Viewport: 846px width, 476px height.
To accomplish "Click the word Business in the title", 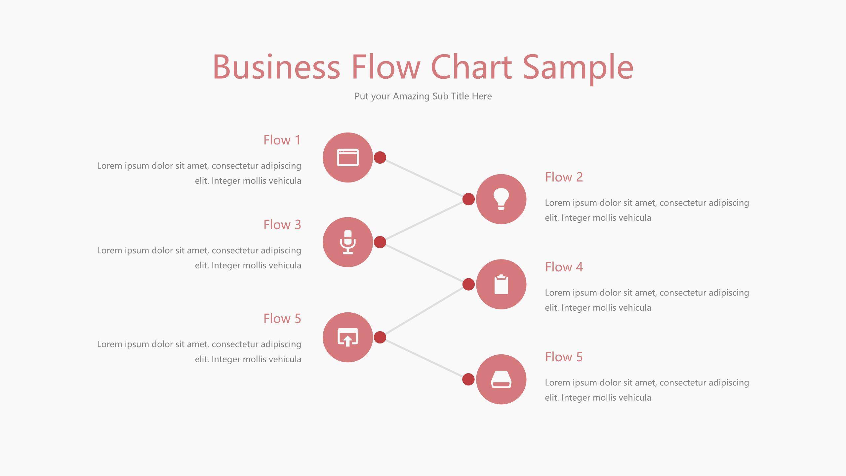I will [276, 67].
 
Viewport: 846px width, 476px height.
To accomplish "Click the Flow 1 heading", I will [282, 140].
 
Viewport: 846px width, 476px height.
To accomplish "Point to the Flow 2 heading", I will [564, 177].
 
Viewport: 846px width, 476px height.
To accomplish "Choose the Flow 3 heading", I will [282, 225].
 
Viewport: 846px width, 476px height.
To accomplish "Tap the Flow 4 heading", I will [564, 267].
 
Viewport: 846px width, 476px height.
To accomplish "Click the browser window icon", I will [348, 157].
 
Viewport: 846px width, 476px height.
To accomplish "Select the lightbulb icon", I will [501, 199].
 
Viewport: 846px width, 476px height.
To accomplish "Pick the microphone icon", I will [348, 242].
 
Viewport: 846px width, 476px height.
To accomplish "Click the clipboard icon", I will [501, 284].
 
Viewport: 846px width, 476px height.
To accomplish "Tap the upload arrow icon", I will [348, 337].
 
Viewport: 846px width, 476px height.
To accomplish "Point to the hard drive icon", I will [501, 379].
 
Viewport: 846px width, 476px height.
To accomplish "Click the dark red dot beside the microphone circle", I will [380, 242].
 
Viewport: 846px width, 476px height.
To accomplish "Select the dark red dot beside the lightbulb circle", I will [468, 199].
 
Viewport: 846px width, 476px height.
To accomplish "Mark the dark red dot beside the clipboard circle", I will [468, 284].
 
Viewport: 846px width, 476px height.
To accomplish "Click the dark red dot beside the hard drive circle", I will [468, 379].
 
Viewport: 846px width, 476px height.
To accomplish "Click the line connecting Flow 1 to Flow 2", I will [424, 178].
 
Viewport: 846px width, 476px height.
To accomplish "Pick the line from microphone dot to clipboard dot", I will [424, 263].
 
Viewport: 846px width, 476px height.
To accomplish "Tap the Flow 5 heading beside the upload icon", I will [282, 319].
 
